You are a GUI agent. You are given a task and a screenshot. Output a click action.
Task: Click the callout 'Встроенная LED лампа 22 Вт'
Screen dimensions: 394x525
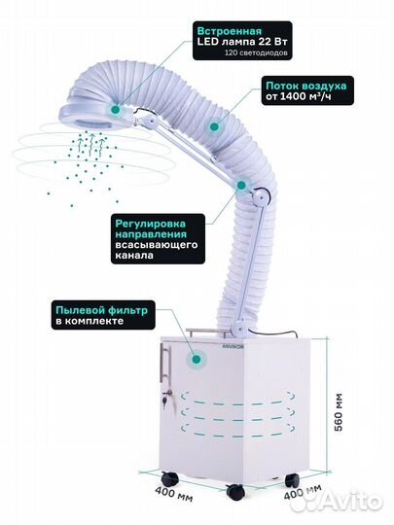[242, 41]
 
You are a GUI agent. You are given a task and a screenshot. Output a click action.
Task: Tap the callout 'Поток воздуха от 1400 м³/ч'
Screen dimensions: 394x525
[307, 90]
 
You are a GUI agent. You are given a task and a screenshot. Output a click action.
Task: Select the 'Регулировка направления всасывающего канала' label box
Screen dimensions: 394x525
[158, 239]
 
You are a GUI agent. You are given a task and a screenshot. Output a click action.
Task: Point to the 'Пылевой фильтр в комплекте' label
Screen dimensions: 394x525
[103, 315]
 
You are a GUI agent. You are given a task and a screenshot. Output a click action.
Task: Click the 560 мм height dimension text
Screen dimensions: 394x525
[339, 412]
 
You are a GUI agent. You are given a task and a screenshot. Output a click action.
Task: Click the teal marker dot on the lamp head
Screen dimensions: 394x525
[116, 110]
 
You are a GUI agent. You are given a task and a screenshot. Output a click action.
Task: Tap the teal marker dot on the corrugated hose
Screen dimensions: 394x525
[214, 126]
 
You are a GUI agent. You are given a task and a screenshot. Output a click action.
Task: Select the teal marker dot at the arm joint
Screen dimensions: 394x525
[241, 185]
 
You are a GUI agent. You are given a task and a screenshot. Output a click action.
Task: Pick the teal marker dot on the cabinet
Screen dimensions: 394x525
[197, 360]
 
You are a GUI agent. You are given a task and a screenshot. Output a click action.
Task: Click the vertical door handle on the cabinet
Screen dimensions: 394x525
[164, 364]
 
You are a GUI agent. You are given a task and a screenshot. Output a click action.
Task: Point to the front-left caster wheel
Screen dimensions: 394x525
[170, 478]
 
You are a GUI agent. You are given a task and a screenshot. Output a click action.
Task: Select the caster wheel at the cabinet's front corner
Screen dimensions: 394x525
[235, 492]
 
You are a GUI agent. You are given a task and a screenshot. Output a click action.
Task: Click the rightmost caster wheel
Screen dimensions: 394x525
[292, 481]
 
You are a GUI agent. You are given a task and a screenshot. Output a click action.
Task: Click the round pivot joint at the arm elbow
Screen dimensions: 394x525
[261, 197]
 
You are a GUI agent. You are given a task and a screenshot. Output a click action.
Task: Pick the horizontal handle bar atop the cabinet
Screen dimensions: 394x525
[209, 332]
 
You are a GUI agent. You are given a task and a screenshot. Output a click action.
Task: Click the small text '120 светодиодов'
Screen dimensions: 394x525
[256, 52]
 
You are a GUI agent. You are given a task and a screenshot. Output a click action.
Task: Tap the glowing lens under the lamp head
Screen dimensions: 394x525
[90, 122]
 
